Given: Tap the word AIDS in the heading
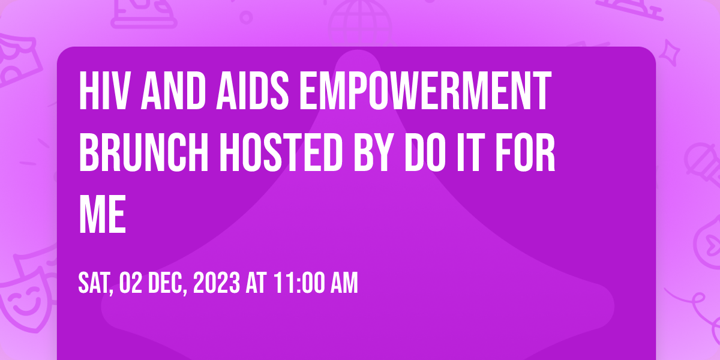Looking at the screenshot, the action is [x=252, y=91].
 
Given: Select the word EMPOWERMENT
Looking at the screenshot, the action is [x=425, y=91].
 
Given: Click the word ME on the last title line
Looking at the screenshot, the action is [x=102, y=214].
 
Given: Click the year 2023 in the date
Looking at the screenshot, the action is [x=217, y=283].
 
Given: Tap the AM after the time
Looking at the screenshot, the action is [x=344, y=283].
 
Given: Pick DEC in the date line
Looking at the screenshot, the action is [x=167, y=283].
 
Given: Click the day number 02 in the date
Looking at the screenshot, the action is [x=131, y=283].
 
